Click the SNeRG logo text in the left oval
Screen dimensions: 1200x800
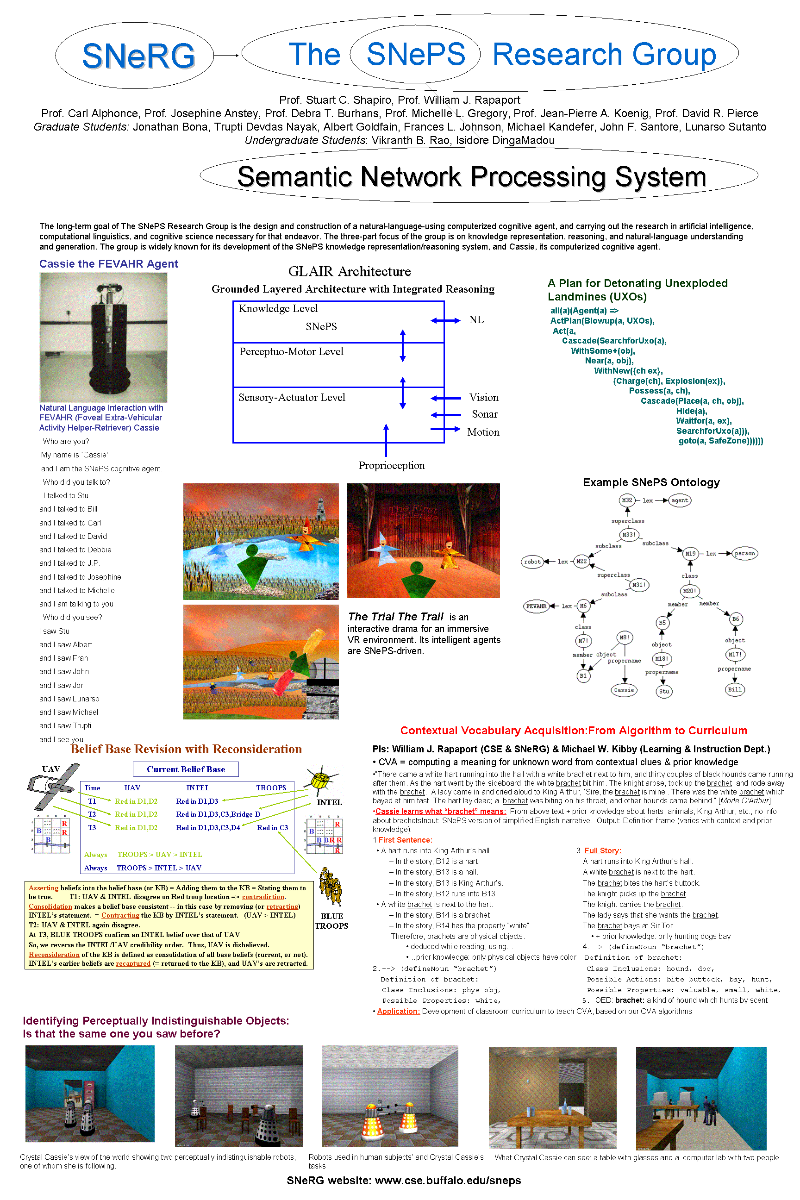pyautogui.click(x=138, y=56)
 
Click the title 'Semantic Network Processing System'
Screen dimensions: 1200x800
pyautogui.click(x=471, y=176)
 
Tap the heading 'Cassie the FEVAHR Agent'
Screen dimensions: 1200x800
pyautogui.click(x=109, y=264)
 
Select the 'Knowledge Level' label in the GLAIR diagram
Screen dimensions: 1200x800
pyautogui.click(x=278, y=309)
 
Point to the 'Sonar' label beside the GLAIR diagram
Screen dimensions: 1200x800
pyautogui.click(x=484, y=414)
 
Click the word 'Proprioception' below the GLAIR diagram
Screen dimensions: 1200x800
pyautogui.click(x=391, y=465)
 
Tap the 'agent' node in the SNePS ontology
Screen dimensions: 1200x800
pyautogui.click(x=680, y=500)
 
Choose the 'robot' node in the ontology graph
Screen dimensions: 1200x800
pyautogui.click(x=532, y=562)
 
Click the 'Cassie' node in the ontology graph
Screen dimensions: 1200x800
pyautogui.click(x=624, y=690)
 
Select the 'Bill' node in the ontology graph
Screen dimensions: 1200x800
pyautogui.click(x=735, y=690)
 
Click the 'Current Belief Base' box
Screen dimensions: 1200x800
pyautogui.click(x=186, y=769)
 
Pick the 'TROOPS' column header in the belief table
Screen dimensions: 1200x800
pyautogui.click(x=271, y=788)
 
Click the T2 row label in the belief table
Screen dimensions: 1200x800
pyautogui.click(x=92, y=814)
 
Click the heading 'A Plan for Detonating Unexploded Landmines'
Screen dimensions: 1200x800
pyautogui.click(x=638, y=290)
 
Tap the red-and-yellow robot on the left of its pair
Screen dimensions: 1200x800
pyautogui.click(x=372, y=1120)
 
